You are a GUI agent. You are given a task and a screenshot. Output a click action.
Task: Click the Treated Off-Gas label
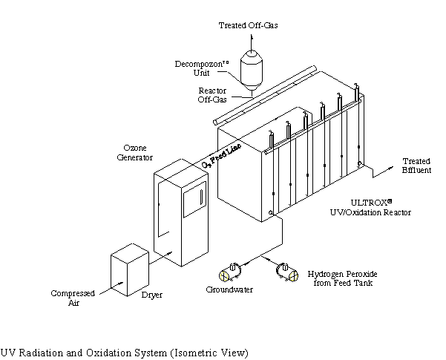pos(248,25)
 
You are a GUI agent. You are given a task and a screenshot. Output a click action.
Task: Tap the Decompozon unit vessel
pos(253,70)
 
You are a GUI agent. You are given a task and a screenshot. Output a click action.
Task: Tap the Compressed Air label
pos(72,298)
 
